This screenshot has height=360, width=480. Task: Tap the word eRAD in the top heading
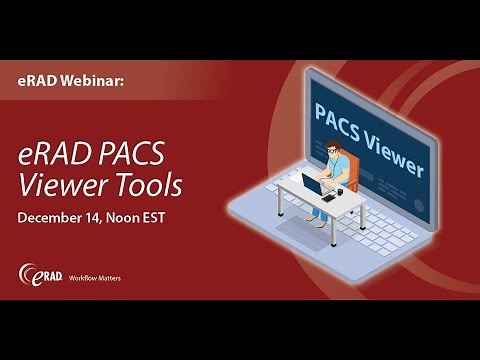point(38,79)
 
